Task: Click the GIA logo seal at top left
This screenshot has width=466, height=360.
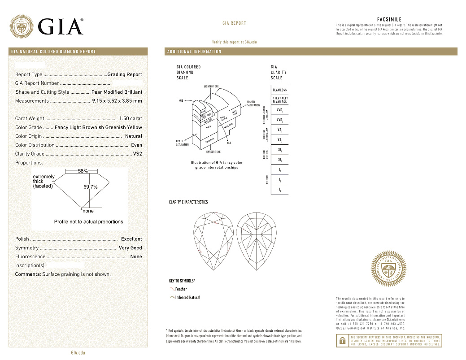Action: click(x=22, y=26)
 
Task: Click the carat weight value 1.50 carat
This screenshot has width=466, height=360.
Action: click(x=131, y=119)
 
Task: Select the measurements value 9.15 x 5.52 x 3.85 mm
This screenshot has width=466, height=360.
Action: click(x=117, y=101)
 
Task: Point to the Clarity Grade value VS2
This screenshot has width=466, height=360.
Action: click(x=137, y=154)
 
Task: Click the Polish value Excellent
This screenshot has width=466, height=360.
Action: click(x=131, y=239)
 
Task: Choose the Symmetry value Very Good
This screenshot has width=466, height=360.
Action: click(x=130, y=248)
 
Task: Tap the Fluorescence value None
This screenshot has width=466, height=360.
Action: click(x=136, y=257)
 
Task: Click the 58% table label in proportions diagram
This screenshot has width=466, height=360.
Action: click(x=83, y=171)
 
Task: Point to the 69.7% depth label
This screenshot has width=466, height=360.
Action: click(x=90, y=187)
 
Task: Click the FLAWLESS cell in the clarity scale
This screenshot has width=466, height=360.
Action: click(x=279, y=90)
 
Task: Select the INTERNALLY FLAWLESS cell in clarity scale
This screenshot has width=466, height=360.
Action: click(x=279, y=100)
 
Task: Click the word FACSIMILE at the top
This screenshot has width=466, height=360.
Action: click(x=389, y=20)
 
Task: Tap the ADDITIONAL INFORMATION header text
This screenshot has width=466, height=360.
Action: click(x=194, y=52)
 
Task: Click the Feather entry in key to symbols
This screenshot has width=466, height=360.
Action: click(x=181, y=289)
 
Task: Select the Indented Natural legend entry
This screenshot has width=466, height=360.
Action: click(x=187, y=298)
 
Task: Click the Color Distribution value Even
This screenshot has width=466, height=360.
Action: click(x=136, y=145)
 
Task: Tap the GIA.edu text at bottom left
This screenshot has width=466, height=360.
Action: click(x=78, y=353)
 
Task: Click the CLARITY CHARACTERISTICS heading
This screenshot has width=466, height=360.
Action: click(x=188, y=202)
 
